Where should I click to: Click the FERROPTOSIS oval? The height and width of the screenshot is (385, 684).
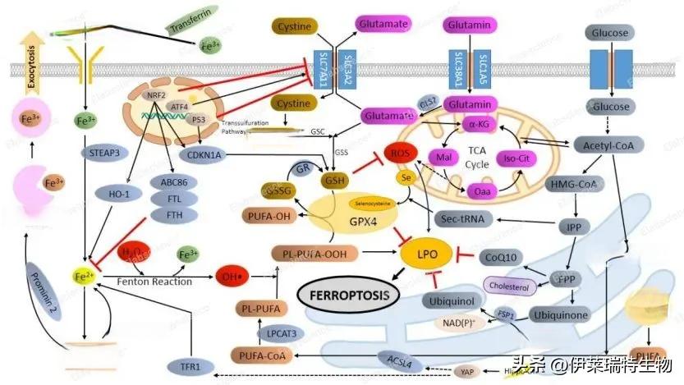(x=346, y=292)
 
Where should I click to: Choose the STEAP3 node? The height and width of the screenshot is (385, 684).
(x=103, y=153)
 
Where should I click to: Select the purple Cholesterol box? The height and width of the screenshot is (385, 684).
(x=511, y=286)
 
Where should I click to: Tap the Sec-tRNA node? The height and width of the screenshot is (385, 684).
(x=460, y=219)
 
